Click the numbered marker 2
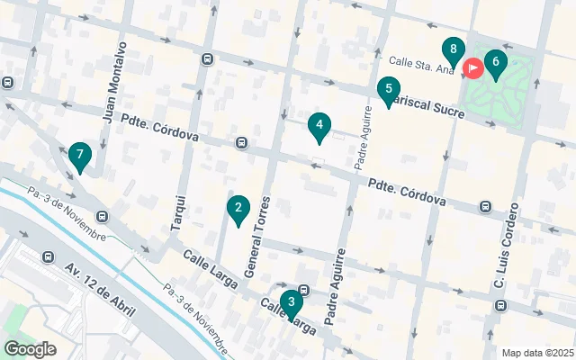point(238,210)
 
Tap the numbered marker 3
point(290,302)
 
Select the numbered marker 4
point(318,126)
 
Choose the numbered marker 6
point(494,63)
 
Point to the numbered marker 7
point(80,156)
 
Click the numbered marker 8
point(454,49)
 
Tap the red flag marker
point(472,67)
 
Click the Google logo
point(30,348)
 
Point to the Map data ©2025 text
point(536,353)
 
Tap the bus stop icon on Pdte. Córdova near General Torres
point(241,143)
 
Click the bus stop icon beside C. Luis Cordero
point(486,207)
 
